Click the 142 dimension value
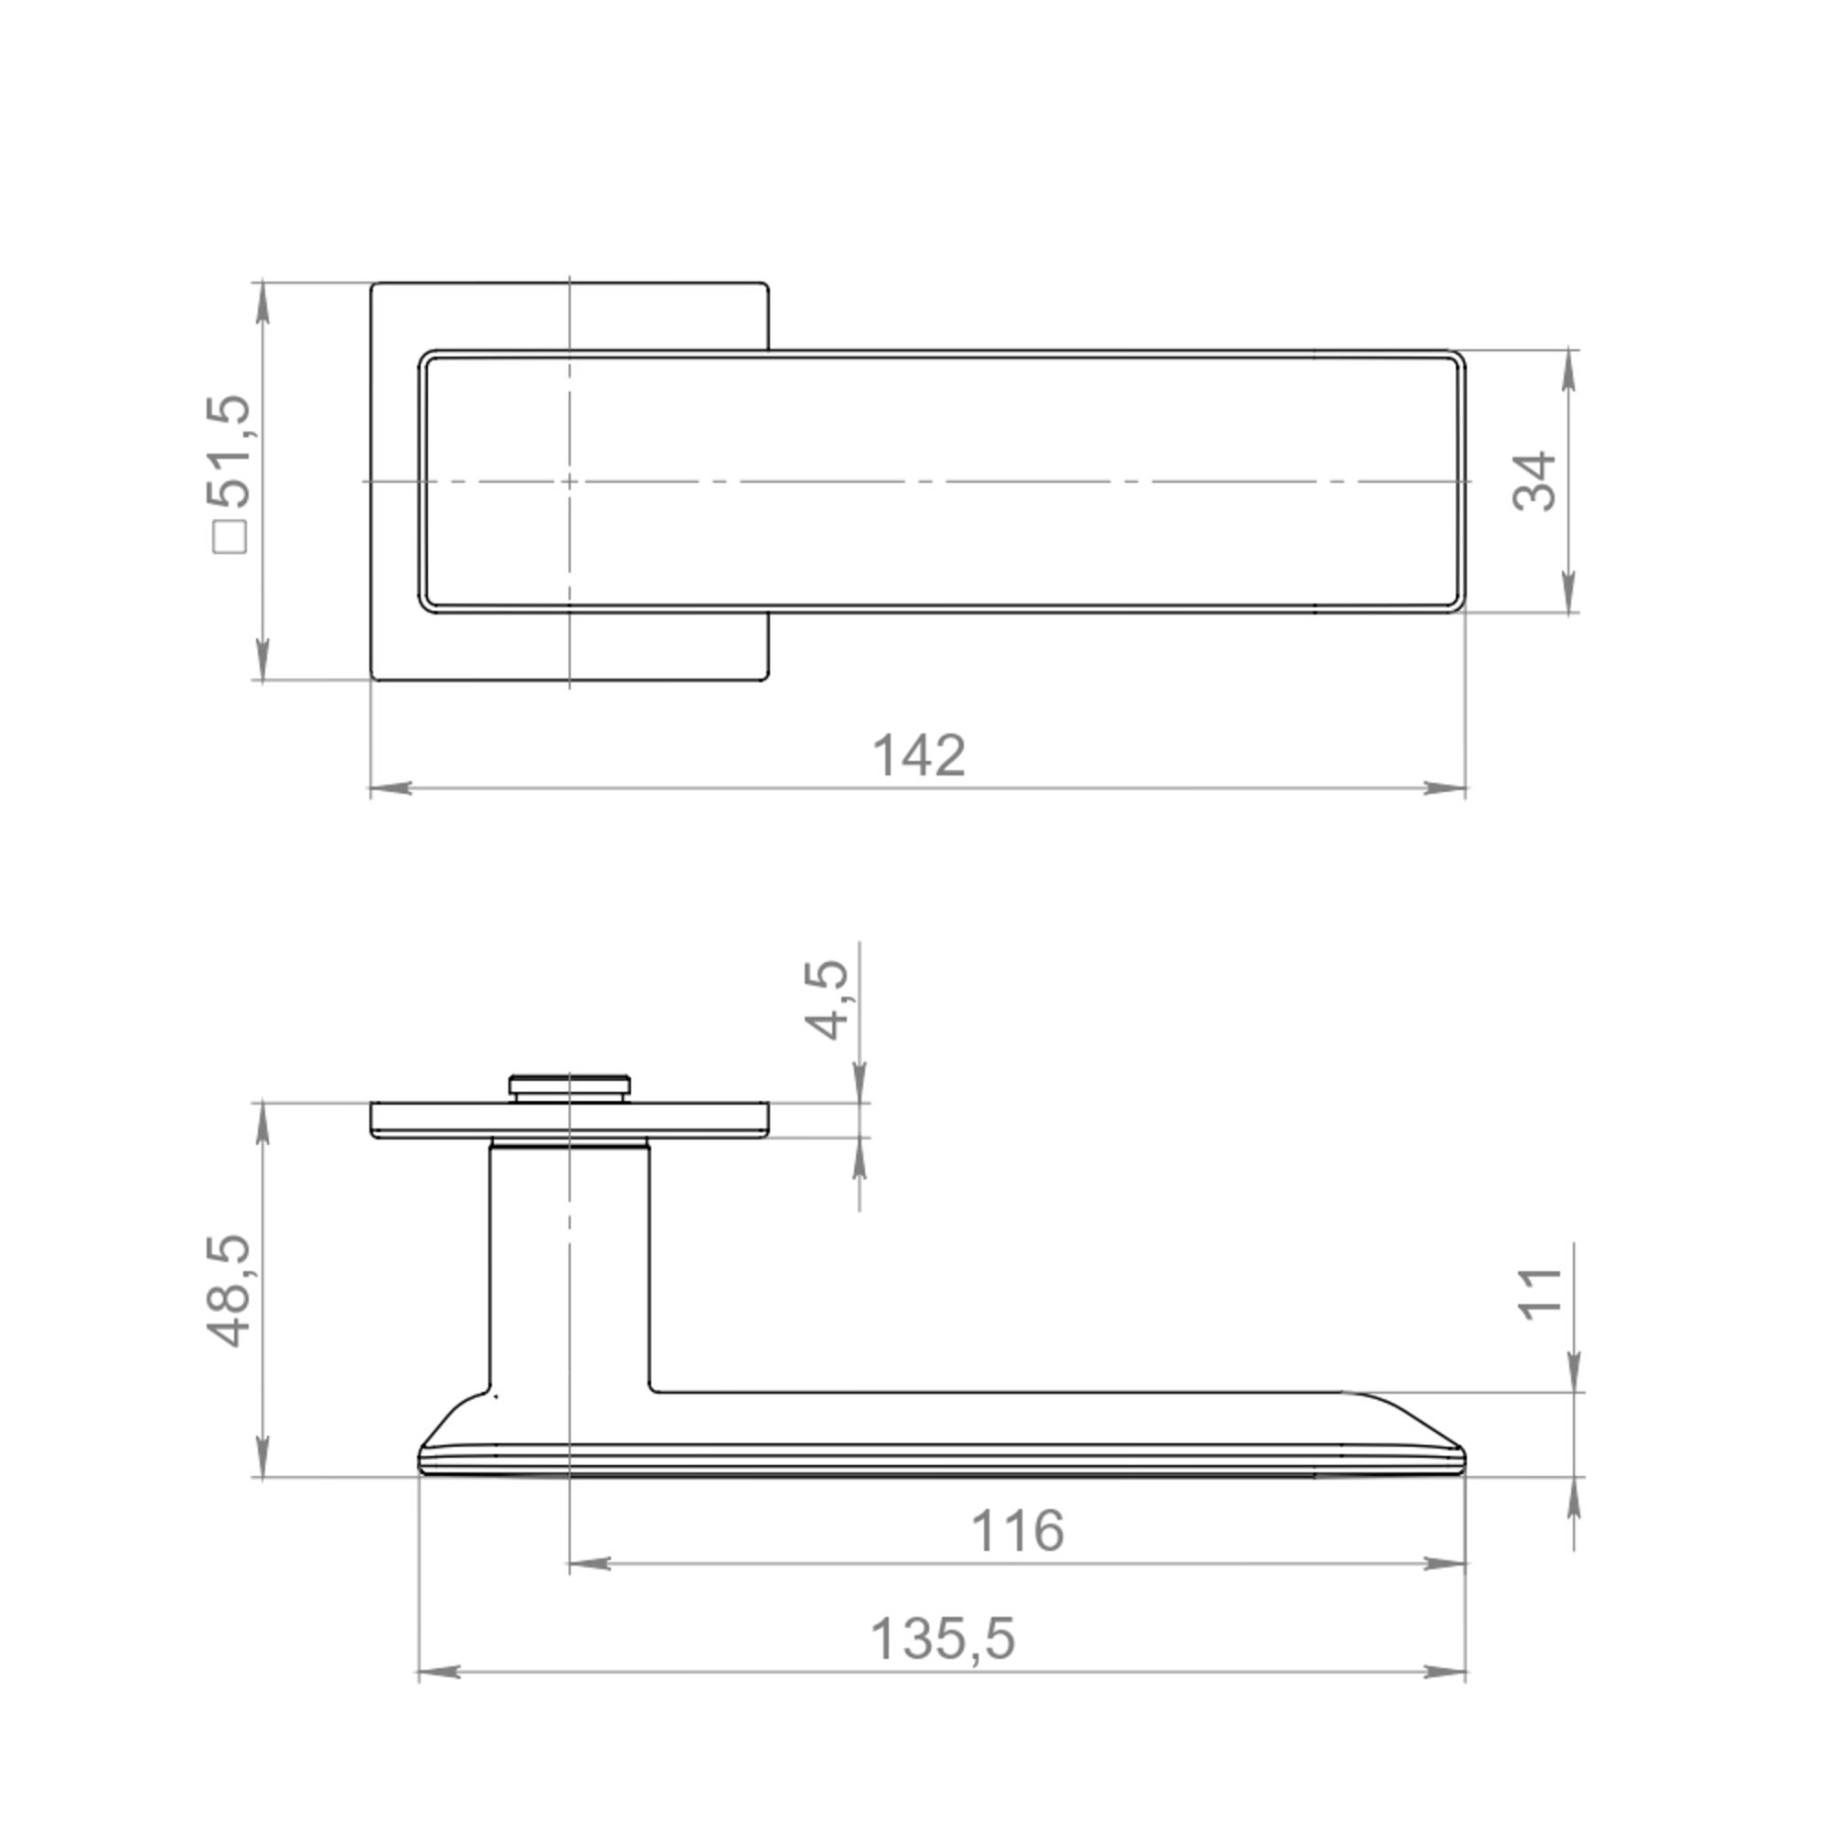click(x=918, y=755)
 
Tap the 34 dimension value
click(x=1534, y=482)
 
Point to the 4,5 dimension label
click(x=826, y=1000)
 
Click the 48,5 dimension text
click(x=230, y=1290)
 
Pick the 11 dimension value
click(x=1539, y=1292)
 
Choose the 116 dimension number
click(x=1018, y=1531)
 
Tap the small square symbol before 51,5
click(x=230, y=538)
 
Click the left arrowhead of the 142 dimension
click(x=390, y=787)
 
